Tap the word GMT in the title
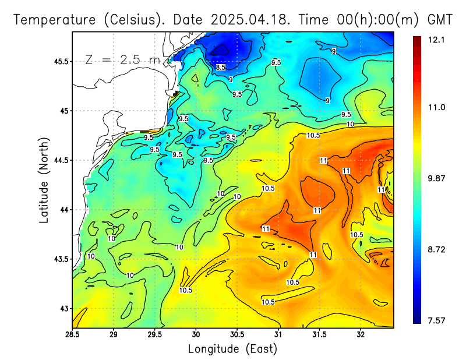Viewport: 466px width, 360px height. tap(440, 19)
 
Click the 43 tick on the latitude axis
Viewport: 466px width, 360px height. tap(63, 308)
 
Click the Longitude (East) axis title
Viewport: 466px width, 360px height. tap(232, 348)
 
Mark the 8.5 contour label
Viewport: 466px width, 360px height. tap(221, 68)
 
